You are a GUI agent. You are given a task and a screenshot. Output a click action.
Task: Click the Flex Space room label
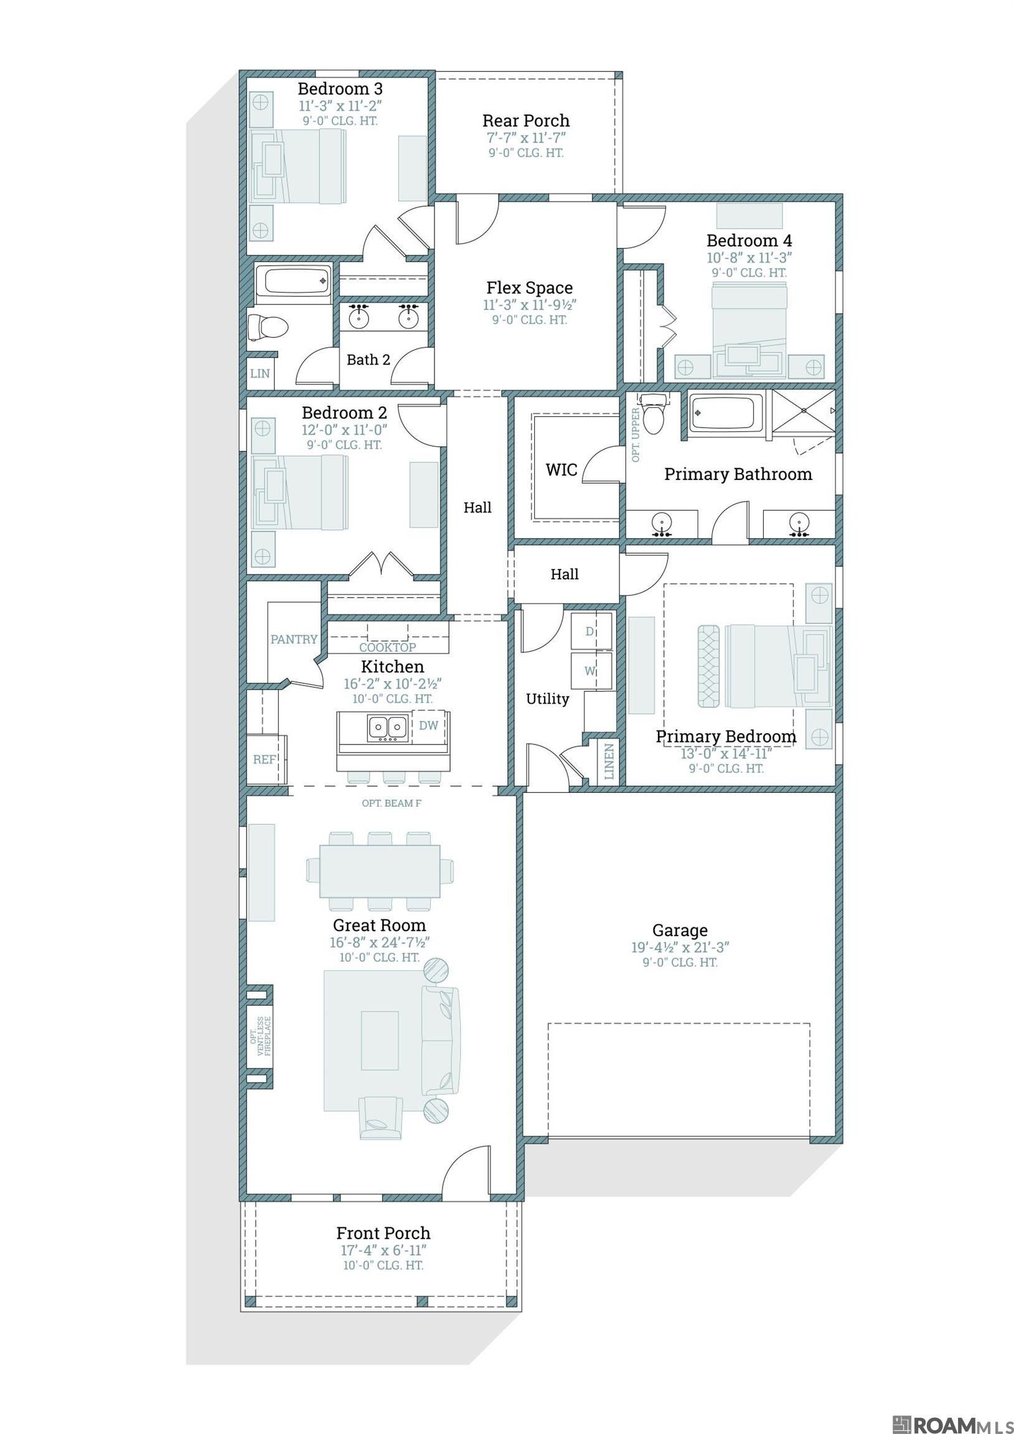point(529,288)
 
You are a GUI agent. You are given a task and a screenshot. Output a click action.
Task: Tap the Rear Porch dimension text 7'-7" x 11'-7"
point(526,138)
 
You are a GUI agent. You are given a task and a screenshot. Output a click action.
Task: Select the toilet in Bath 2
point(267,326)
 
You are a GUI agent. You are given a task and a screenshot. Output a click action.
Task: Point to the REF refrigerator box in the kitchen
point(265,759)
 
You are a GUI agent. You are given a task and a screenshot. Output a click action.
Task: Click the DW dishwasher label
point(428,725)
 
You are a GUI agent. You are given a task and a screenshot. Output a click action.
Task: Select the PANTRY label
point(294,639)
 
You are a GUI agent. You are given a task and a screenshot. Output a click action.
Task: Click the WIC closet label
point(561,470)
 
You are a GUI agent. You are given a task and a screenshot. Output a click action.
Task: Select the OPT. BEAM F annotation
point(392,803)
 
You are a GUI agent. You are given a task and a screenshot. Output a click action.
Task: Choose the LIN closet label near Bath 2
point(260,373)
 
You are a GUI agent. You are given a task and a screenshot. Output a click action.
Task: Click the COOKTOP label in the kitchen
point(387,648)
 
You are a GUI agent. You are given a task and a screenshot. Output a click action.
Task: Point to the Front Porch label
point(383,1233)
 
